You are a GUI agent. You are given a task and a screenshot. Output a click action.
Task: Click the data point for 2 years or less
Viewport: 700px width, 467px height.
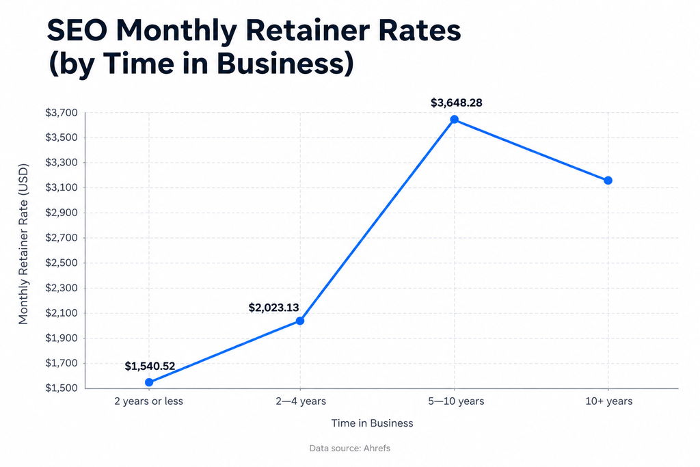coord(149,382)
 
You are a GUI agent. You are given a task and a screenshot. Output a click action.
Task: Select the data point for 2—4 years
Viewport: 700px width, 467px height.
coord(300,321)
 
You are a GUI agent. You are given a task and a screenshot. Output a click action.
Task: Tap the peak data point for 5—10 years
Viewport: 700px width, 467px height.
coord(455,119)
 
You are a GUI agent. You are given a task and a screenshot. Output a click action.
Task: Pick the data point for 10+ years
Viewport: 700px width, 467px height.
coord(608,181)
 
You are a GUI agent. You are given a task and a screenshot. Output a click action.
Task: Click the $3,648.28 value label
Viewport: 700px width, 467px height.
coord(456,103)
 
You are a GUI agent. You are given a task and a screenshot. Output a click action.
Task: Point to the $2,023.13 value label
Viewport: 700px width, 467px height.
coord(273,308)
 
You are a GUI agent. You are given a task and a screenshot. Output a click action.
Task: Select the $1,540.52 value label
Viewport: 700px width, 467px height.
coord(150,366)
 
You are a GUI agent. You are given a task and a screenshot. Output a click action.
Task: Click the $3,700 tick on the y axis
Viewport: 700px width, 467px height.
coord(61,113)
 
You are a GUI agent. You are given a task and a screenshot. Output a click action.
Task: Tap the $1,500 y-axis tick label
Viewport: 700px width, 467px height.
coord(61,388)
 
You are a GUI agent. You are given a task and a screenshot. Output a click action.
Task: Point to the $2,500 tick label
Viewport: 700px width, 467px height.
coord(61,263)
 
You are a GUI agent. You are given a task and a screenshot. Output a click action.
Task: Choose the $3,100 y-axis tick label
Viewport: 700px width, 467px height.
coord(61,187)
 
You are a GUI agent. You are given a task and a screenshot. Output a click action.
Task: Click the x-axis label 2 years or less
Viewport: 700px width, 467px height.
coord(148,401)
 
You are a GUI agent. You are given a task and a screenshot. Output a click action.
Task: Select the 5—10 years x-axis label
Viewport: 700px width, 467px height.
coord(456,401)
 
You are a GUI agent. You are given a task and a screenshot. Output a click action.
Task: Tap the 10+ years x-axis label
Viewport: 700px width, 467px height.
coord(609,401)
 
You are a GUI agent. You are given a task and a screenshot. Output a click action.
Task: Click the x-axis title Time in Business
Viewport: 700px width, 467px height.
coord(373,423)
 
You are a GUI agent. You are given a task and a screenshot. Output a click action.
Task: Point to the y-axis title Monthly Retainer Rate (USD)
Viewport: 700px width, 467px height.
coord(23,244)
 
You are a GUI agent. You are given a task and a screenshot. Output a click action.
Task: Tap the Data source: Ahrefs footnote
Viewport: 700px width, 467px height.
coord(350,449)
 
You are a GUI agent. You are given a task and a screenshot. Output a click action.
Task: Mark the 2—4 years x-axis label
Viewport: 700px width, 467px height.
coord(301,401)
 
